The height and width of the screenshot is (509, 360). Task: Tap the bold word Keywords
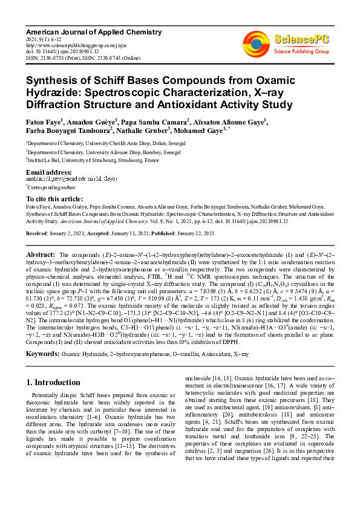pos(44,352)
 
